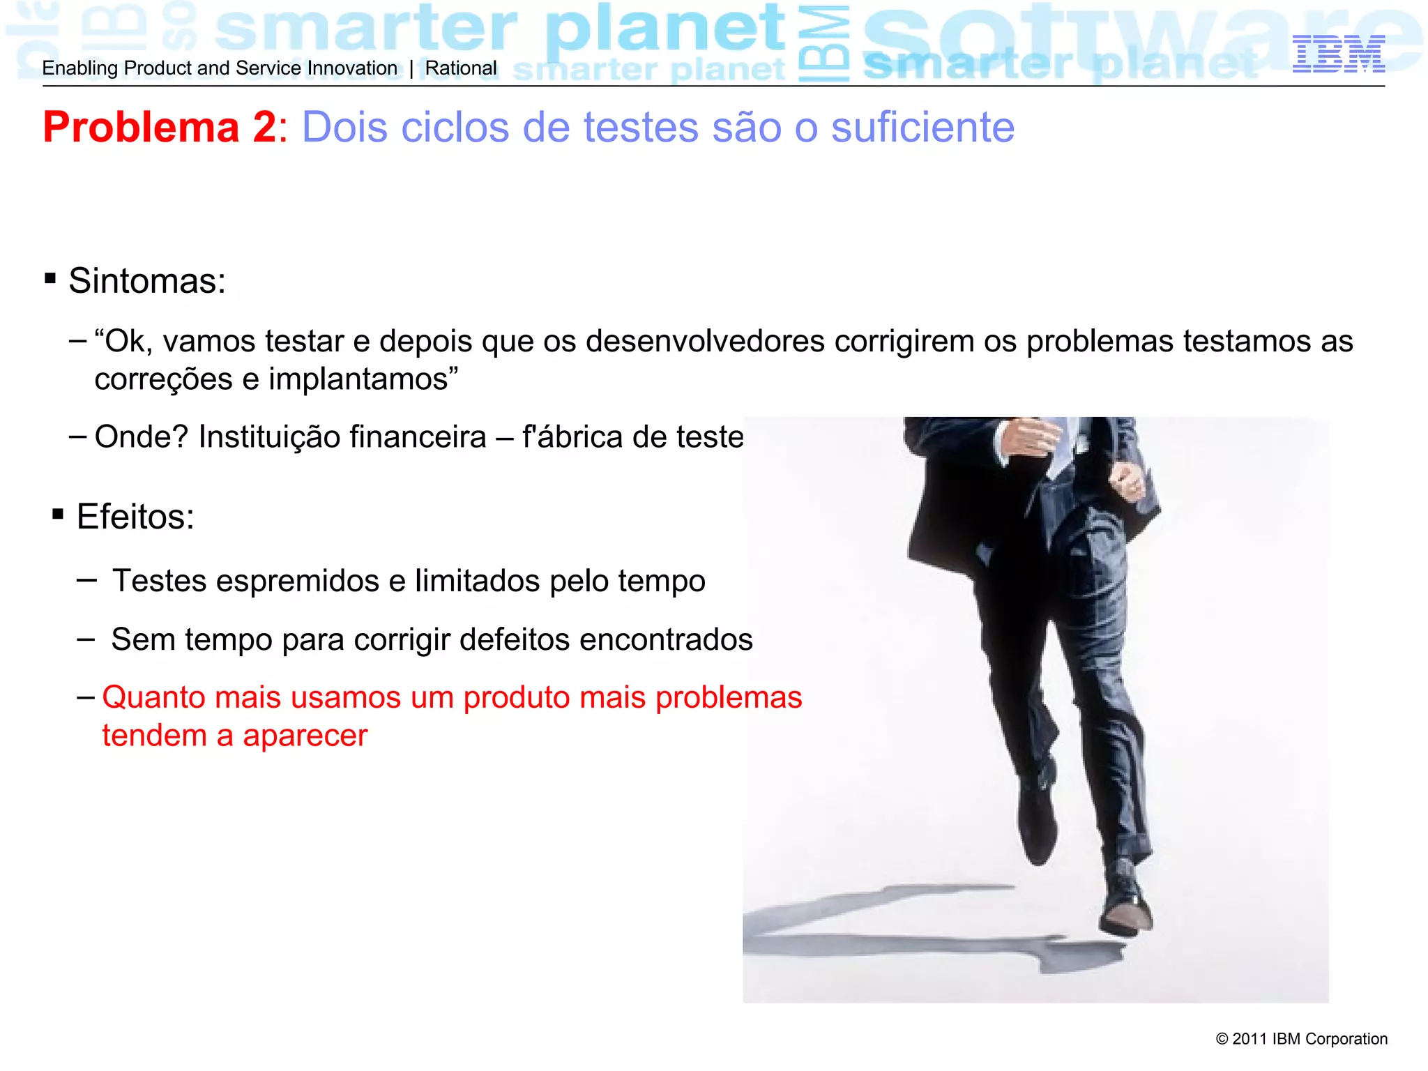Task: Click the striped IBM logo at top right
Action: [x=1338, y=54]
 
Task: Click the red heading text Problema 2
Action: [x=160, y=128]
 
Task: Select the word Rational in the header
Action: [x=461, y=68]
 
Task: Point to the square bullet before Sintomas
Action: [x=50, y=279]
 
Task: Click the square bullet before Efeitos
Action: [x=58, y=515]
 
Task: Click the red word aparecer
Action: [x=305, y=736]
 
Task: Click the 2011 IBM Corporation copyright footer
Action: [x=1301, y=1039]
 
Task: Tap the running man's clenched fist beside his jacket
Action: [x=1128, y=480]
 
